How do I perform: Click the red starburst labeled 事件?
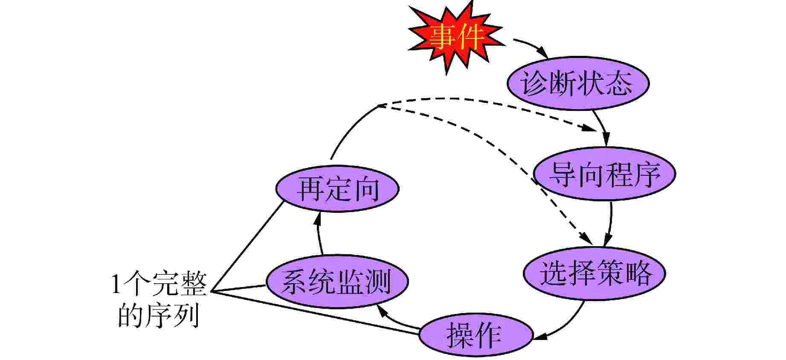pyautogui.click(x=455, y=38)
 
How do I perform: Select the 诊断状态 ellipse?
pyautogui.click(x=578, y=83)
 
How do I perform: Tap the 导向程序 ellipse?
pyautogui.click(x=604, y=174)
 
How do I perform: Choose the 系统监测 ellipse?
pyautogui.click(x=337, y=282)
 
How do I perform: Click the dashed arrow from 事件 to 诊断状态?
pyautogui.click(x=531, y=46)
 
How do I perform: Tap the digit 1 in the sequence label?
pyautogui.click(x=115, y=285)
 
